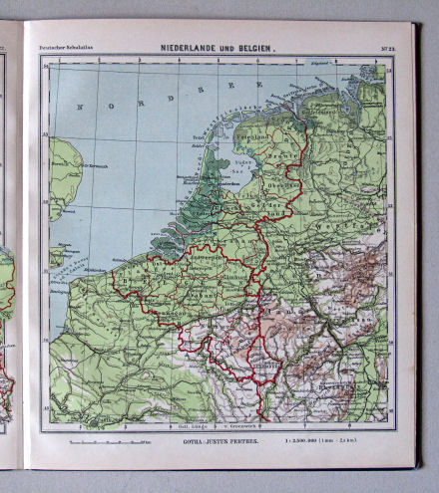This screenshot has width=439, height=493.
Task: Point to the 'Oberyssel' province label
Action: (289, 181)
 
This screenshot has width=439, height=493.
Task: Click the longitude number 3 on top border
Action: (120, 61)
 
